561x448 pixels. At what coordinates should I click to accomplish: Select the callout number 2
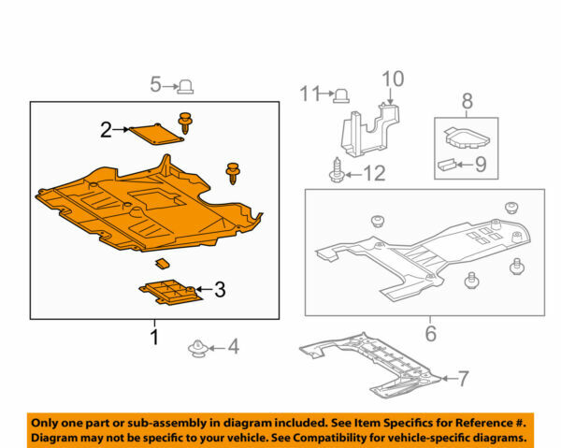pos(107,130)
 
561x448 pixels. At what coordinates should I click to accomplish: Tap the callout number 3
pos(220,291)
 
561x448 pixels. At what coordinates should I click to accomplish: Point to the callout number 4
pos(233,349)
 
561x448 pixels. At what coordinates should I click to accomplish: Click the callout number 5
pos(156,86)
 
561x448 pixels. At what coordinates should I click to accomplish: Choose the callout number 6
pos(430,333)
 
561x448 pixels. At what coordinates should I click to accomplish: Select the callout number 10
pos(393,78)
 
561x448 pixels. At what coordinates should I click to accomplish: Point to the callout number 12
pos(374,173)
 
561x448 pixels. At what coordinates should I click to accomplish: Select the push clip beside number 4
pos(198,350)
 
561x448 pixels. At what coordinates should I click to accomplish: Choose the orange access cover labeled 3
pos(170,293)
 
